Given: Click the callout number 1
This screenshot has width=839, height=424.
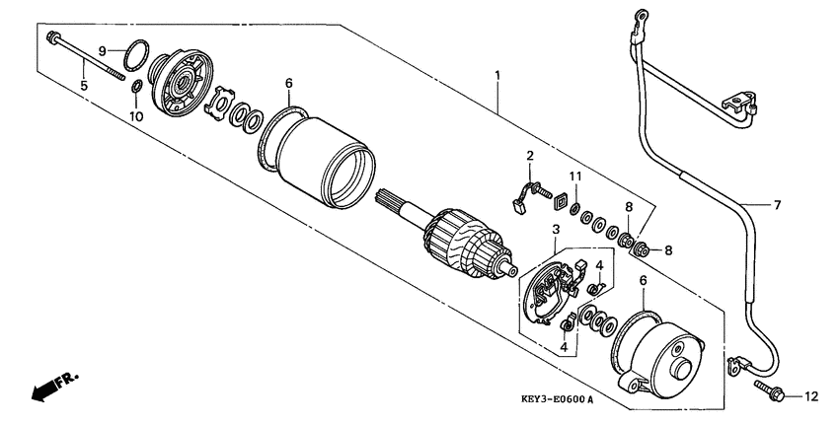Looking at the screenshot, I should click(498, 75).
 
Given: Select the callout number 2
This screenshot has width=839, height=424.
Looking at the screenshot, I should click(529, 156).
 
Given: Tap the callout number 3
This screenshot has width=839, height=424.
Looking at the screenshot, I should click(556, 230).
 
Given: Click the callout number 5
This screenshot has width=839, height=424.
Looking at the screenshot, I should click(84, 86).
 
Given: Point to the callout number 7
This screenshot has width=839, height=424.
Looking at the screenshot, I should click(776, 205).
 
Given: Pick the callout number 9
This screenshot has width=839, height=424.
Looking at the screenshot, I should click(102, 49).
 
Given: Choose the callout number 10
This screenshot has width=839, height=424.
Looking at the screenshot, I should click(136, 116).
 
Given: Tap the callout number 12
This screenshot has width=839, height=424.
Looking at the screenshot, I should click(811, 397).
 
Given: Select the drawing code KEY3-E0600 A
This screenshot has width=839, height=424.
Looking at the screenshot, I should click(557, 399).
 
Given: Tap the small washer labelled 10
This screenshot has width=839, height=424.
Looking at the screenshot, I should click(136, 91).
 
